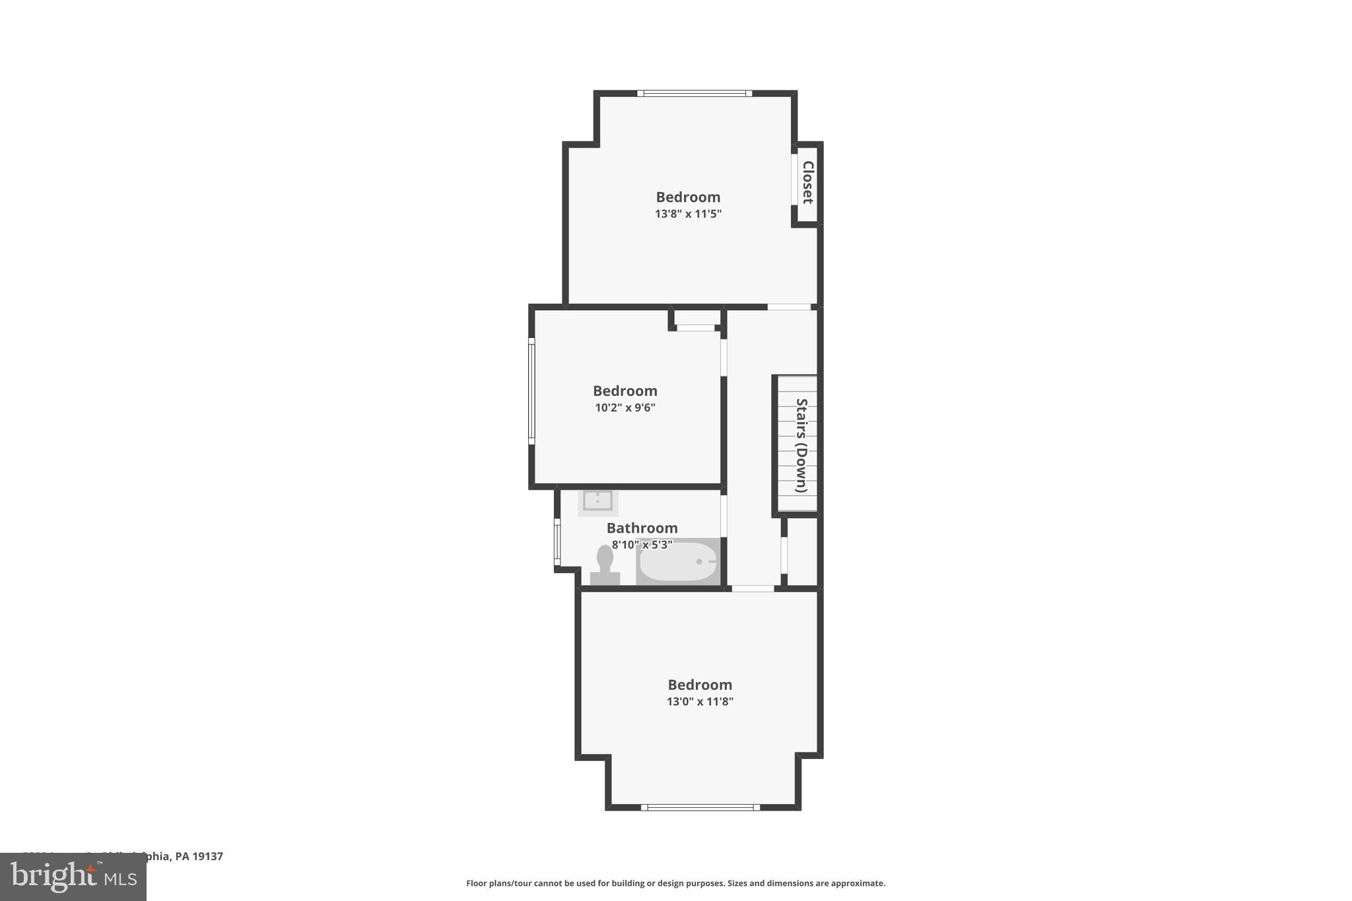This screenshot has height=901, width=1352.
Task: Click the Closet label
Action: point(807,182)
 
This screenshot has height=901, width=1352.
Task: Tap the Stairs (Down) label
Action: point(801,446)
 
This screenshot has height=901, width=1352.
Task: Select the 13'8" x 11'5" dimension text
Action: point(688,214)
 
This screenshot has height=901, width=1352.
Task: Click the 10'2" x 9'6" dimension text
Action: point(625,408)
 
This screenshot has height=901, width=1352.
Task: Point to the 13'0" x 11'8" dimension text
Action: point(700,702)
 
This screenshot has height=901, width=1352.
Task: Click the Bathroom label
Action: point(642,528)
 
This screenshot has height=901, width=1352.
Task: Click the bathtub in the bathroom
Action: point(678,562)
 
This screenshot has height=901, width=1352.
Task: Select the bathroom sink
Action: point(597,502)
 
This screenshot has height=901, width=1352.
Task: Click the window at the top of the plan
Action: point(694,93)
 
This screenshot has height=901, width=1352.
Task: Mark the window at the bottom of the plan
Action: point(700,807)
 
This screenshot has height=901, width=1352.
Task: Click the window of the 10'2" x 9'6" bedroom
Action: point(531,391)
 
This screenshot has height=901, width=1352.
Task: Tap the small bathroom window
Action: point(557,541)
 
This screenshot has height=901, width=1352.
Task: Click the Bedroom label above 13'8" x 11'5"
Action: point(688,197)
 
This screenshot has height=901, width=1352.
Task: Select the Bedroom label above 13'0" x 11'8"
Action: point(700,684)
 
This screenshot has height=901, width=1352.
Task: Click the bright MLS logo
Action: point(73,877)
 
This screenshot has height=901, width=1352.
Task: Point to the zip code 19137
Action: point(208,856)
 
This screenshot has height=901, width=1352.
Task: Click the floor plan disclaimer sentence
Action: point(675,883)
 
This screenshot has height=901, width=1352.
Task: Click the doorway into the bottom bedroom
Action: point(753,588)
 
